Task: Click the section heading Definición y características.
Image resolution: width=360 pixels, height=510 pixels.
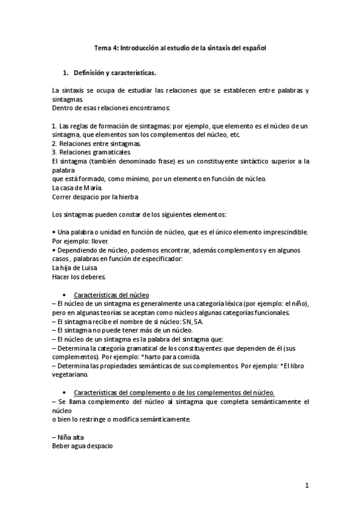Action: [115, 73]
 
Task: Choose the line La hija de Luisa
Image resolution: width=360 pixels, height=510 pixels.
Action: [75, 268]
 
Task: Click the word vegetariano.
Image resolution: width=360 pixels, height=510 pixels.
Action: [70, 374]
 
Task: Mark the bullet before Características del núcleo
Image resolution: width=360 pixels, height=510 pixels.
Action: [65, 295]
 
